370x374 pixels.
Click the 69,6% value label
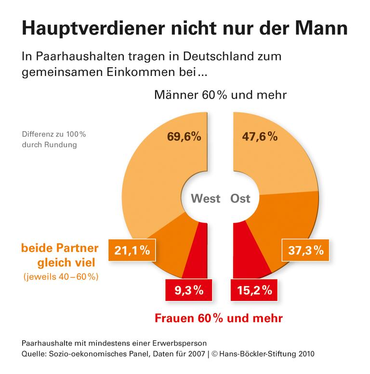tap(184, 137)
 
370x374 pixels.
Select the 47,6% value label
tap(259, 137)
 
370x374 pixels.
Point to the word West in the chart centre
tap(205, 198)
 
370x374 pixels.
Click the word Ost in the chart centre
tap(240, 198)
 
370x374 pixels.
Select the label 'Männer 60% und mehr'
tap(220, 95)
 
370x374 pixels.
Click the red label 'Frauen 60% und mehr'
tap(218, 318)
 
